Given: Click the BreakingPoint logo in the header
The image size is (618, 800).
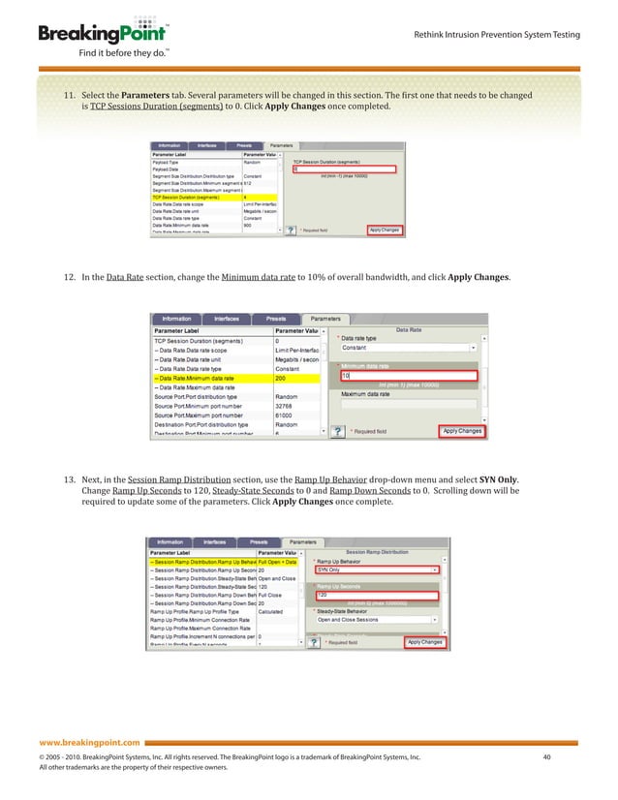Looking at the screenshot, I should click(x=100, y=34).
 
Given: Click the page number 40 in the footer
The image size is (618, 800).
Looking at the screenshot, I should click(x=547, y=756).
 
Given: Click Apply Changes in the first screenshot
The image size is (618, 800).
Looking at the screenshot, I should click(x=384, y=231).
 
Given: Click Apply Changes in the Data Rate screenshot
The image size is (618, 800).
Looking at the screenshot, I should click(x=462, y=430).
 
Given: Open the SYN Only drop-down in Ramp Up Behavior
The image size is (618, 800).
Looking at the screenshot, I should click(x=378, y=569).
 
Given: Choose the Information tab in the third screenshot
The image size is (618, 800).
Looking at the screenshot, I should click(x=169, y=543).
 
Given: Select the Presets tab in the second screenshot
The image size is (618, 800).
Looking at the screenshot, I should click(x=275, y=319).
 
